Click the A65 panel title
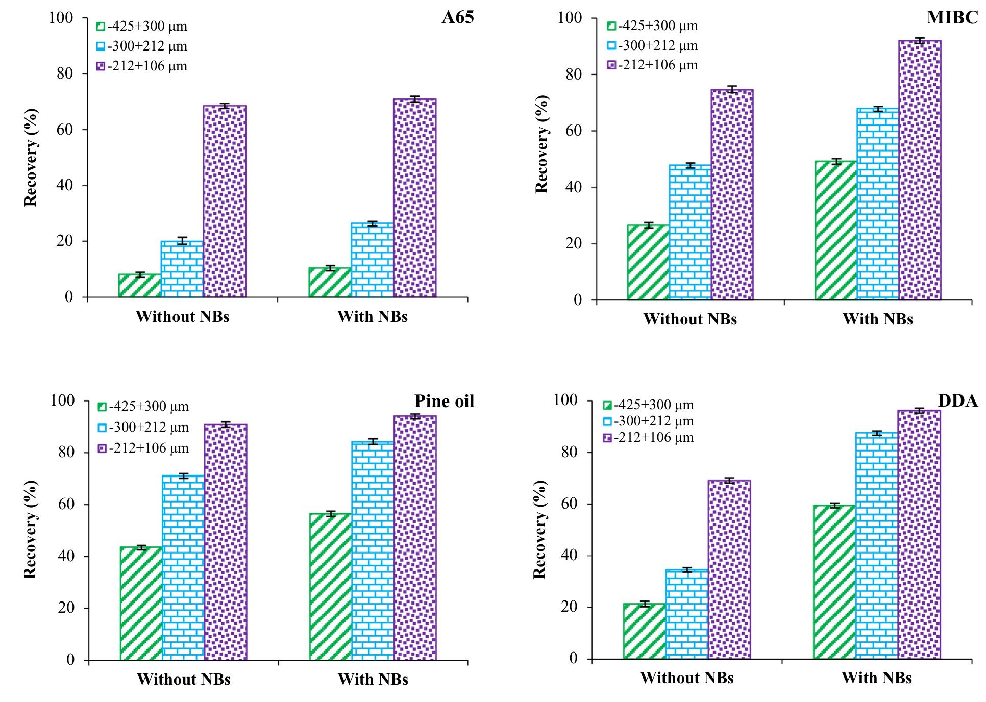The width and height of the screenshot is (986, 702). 457,18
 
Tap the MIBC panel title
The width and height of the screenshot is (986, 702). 952,18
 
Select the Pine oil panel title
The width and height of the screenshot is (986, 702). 444,401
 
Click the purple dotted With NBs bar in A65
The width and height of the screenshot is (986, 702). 414,199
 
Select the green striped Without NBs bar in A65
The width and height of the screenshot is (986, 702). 139,286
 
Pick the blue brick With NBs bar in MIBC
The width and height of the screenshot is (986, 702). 878,204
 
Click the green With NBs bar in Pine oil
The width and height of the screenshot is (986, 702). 330,587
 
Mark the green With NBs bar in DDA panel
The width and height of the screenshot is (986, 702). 834,582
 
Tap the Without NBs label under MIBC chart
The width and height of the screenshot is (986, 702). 690,319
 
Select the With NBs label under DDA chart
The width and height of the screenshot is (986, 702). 876,678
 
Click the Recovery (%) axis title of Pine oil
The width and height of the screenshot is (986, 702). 31,530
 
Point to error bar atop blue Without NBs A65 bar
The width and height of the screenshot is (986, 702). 182,241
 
